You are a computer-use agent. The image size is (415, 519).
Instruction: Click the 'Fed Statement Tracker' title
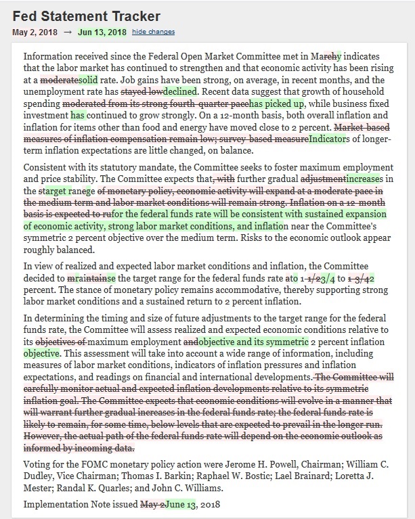(x=86, y=16)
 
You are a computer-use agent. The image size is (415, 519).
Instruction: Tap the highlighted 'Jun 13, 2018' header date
(x=102, y=32)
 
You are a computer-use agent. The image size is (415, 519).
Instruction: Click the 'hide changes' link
(x=153, y=32)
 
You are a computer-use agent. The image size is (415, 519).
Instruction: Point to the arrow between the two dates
(x=68, y=32)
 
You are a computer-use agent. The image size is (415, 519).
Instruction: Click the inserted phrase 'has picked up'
(x=277, y=104)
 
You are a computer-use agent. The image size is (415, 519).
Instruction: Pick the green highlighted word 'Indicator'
(x=327, y=139)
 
